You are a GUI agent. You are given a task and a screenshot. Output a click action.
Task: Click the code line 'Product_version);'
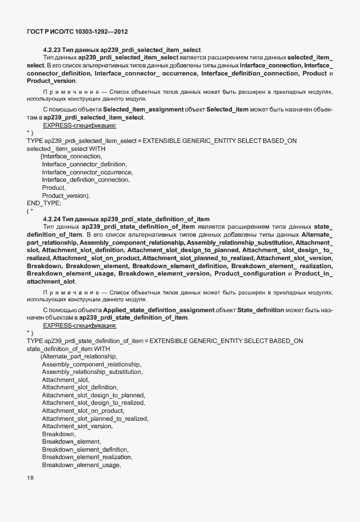coord(66,196)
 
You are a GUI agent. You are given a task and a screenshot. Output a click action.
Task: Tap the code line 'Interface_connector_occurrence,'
coord(87,172)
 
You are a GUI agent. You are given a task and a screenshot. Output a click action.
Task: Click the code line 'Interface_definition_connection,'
coord(86,180)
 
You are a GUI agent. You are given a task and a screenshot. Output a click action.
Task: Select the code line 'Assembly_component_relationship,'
coord(92,364)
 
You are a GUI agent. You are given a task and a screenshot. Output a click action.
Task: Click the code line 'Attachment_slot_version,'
coord(77,427)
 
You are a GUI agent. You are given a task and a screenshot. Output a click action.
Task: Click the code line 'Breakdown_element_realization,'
coord(87,457)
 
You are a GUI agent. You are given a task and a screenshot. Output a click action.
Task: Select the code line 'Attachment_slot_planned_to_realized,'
coord(95,419)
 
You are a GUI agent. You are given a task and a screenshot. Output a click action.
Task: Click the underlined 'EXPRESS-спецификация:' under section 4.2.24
coord(79,325)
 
